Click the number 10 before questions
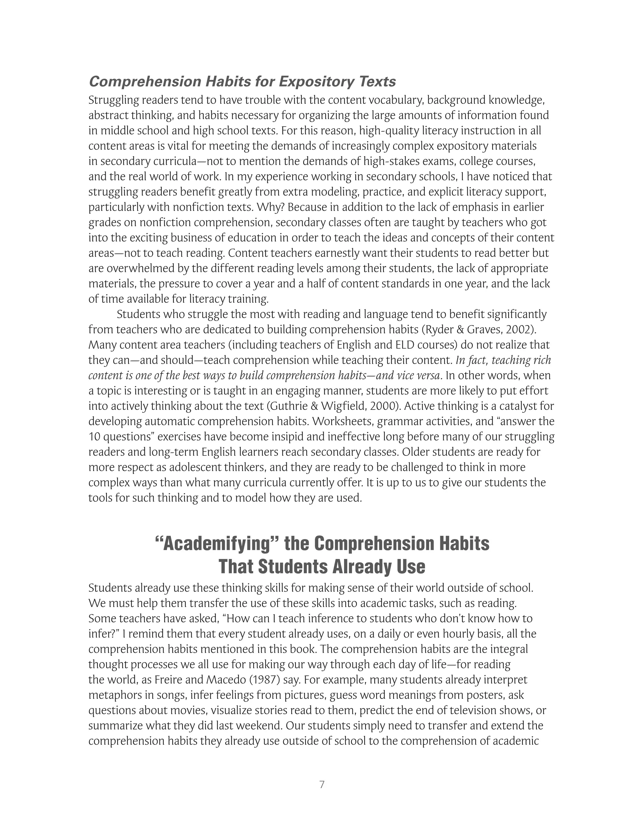94,437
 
